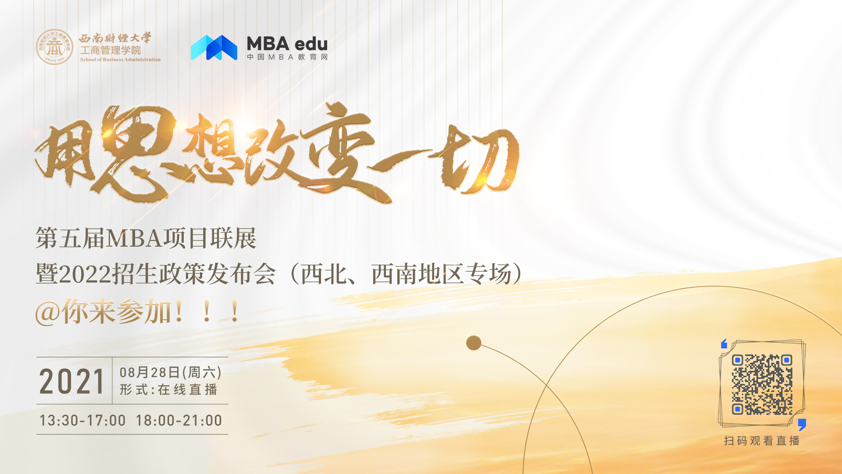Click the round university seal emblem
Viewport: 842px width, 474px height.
click(x=54, y=47)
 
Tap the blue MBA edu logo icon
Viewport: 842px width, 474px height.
click(x=214, y=47)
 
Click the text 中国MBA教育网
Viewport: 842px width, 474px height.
click(x=287, y=57)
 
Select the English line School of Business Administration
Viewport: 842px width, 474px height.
click(x=120, y=60)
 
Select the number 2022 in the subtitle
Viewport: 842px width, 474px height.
click(x=85, y=275)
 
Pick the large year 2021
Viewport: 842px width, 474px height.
click(x=72, y=381)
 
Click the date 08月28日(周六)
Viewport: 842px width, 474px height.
click(x=171, y=373)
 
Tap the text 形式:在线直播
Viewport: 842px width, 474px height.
click(x=169, y=390)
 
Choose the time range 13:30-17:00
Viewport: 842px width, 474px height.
click(x=82, y=420)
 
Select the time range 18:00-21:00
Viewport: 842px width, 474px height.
click(x=179, y=420)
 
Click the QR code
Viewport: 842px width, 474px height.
click(x=762, y=384)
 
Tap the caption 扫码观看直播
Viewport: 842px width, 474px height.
click(x=762, y=441)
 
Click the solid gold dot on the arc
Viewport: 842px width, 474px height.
click(x=474, y=343)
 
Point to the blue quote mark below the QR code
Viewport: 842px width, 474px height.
click(x=802, y=424)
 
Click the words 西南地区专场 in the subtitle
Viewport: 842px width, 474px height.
click(x=442, y=275)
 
